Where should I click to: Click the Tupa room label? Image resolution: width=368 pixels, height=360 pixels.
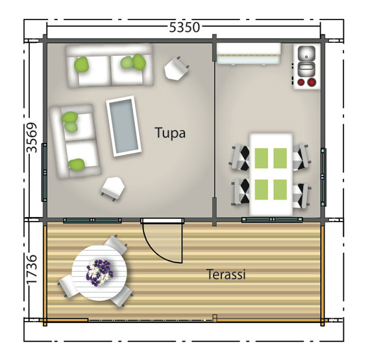170,133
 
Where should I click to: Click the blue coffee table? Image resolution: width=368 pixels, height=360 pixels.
124,125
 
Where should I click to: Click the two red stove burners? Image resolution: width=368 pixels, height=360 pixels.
306,83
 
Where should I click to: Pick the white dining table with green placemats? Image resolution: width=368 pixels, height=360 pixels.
270,174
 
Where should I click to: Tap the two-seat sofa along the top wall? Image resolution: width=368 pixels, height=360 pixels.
109,64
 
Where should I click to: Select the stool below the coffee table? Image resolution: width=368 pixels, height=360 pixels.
114,187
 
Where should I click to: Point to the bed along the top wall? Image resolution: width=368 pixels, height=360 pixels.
248,54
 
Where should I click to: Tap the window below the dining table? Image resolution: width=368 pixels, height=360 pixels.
271,220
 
